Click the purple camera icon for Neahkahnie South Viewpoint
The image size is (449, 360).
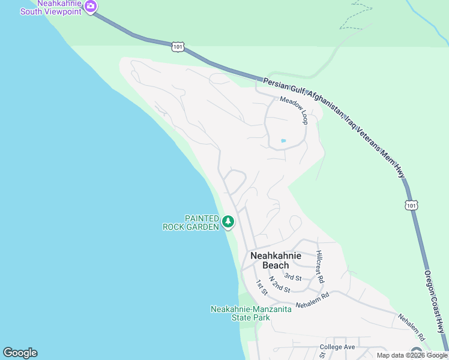tap(91, 7)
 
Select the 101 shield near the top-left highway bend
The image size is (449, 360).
tap(178, 46)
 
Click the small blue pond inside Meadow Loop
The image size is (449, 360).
tap(283, 141)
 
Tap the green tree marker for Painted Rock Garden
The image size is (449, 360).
tap(228, 221)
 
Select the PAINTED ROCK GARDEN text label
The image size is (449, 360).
tap(191, 223)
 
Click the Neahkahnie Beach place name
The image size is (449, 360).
tap(276, 260)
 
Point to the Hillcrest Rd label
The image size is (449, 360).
tap(320, 266)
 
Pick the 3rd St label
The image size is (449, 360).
tap(293, 277)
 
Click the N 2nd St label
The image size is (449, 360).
tap(280, 284)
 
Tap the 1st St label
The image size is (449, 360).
tap(261, 287)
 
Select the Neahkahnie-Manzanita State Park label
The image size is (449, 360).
tap(251, 313)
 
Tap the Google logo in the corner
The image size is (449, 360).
tap(20, 353)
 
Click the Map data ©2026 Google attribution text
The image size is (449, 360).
tap(412, 355)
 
